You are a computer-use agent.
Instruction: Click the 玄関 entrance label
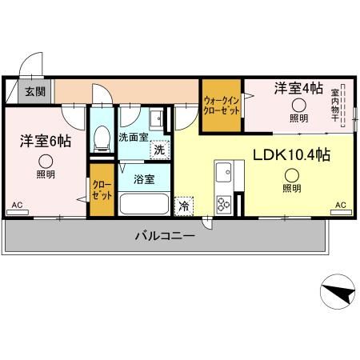[33, 92]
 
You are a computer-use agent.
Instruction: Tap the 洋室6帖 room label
[45, 142]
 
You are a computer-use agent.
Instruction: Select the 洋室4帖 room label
[299, 88]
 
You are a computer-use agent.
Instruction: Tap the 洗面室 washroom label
[134, 137]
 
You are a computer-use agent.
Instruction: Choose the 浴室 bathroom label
[144, 179]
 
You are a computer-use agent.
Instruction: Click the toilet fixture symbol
[102, 141]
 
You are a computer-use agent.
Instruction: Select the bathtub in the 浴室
[144, 203]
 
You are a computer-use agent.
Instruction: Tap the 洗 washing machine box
[161, 149]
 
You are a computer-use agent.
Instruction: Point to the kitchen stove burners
[223, 203]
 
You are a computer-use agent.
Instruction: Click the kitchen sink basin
[224, 171]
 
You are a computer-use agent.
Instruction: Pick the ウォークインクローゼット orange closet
[221, 106]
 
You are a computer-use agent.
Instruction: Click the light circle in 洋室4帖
[298, 105]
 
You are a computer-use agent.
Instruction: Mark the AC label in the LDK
[340, 206]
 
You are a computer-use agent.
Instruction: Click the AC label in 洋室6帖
[17, 206]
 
